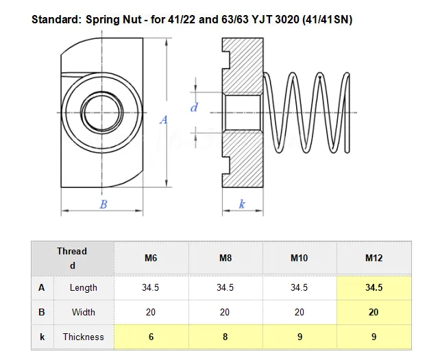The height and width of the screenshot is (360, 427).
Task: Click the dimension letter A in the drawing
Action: tap(164, 120)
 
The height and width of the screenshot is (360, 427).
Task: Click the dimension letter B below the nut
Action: tap(103, 204)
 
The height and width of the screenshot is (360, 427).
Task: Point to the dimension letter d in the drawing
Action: tap(194, 107)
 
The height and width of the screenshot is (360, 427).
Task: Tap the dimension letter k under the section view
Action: tap(243, 204)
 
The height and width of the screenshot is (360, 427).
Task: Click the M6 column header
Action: tap(150, 259)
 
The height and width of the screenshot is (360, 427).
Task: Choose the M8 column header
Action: tap(225, 259)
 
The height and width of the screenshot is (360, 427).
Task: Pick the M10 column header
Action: tap(299, 259)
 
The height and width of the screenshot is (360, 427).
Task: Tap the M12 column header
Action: tap(374, 259)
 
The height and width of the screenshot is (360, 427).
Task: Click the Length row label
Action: tap(84, 287)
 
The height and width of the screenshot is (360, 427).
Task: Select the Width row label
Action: tap(84, 312)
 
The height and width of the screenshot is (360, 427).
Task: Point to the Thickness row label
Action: tap(84, 337)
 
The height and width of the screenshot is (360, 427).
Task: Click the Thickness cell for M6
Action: tap(150, 337)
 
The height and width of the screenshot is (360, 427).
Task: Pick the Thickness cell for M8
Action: tap(225, 337)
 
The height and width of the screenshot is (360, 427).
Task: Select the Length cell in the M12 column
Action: tap(374, 287)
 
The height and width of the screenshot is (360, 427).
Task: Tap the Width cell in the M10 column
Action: tap(299, 312)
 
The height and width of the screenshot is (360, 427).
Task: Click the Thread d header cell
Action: tap(72, 259)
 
